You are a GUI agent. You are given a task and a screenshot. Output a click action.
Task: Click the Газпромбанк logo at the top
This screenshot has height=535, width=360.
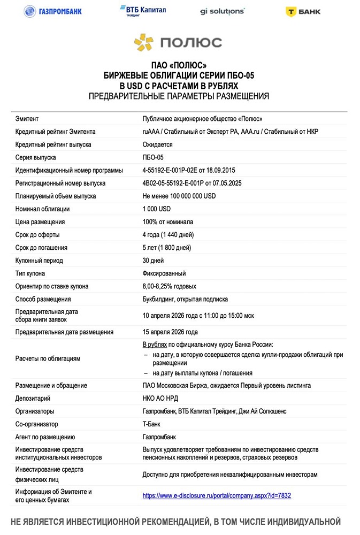(x=52, y=11)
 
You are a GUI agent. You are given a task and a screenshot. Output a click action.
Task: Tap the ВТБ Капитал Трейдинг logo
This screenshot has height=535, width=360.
(x=142, y=11)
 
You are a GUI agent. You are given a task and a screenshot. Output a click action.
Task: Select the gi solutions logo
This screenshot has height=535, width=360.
(x=222, y=11)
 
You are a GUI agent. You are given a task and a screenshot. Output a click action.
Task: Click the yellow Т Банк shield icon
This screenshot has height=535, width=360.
(x=292, y=11)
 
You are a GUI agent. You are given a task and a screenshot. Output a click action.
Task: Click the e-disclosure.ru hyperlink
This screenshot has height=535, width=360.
(x=217, y=495)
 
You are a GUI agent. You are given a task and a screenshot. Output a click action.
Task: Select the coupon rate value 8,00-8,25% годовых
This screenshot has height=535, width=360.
(x=169, y=286)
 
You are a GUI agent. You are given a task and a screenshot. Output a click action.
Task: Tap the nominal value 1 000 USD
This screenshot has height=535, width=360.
(x=156, y=209)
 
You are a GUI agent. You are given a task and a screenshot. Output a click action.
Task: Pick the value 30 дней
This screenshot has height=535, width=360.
(x=152, y=261)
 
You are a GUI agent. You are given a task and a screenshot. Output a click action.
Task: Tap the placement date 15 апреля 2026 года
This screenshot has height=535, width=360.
(x=170, y=332)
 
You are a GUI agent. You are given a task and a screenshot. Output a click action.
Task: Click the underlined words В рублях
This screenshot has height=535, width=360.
(x=156, y=345)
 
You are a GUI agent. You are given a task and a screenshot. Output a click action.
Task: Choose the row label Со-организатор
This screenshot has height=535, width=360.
(x=36, y=424)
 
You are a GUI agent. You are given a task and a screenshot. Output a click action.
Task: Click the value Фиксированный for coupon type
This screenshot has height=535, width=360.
(x=164, y=273)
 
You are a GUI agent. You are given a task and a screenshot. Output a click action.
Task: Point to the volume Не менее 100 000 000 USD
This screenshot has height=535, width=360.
(x=179, y=196)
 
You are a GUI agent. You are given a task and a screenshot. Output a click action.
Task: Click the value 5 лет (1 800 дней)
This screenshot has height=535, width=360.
(x=166, y=248)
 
